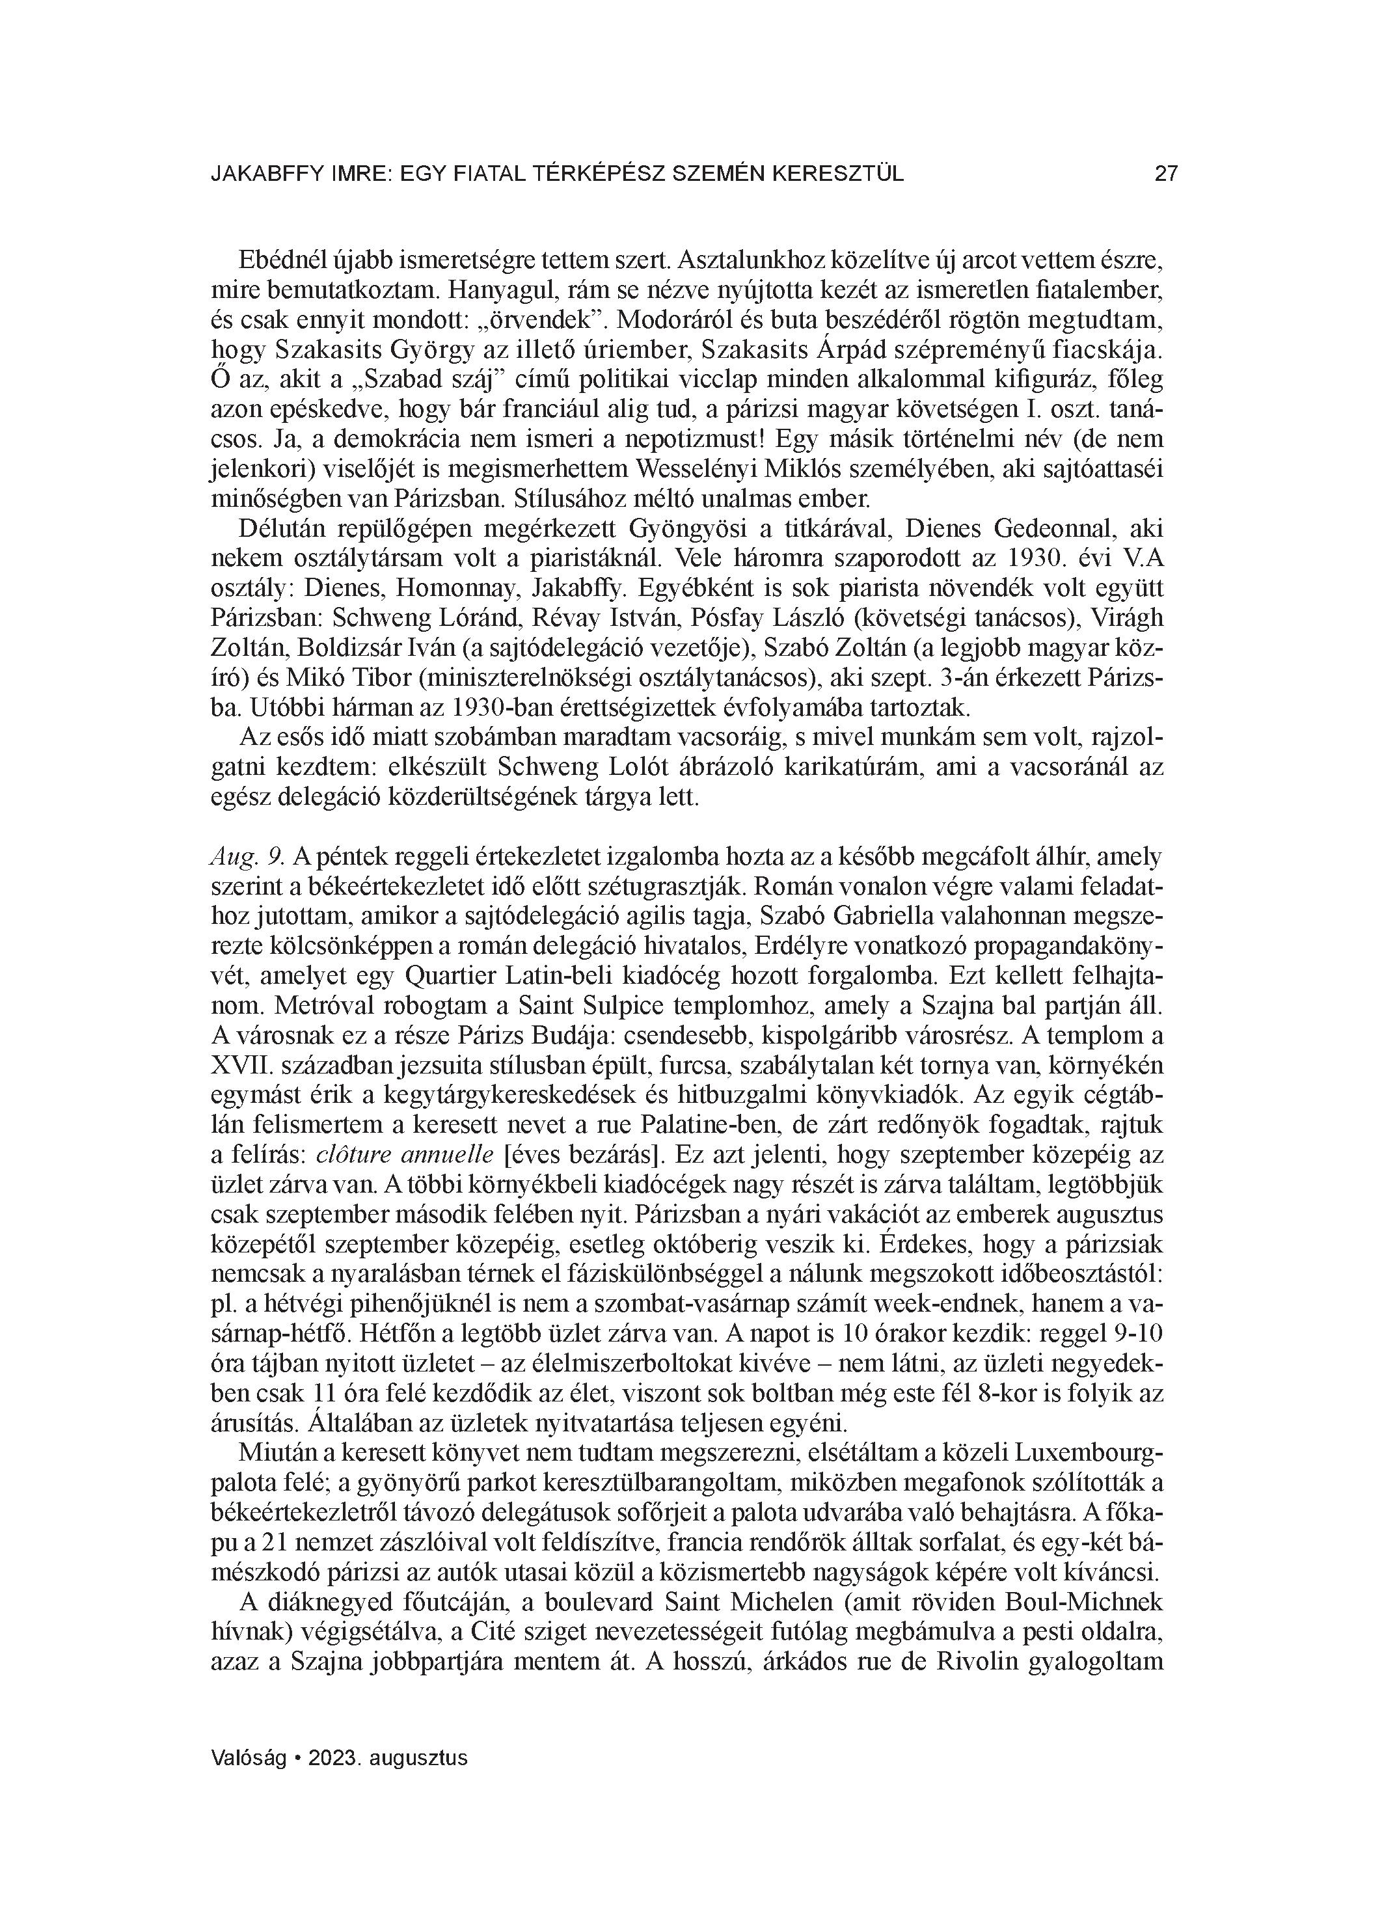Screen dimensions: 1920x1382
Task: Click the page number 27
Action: [x=1166, y=174]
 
